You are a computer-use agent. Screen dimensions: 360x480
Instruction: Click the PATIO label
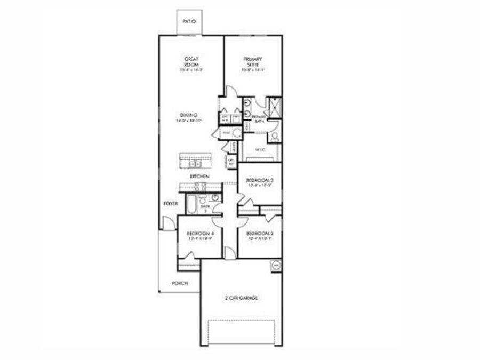click(189, 22)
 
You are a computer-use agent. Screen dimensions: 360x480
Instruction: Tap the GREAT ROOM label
click(191, 61)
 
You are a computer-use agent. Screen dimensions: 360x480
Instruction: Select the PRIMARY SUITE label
click(252, 61)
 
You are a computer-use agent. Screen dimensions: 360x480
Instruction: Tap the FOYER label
click(170, 203)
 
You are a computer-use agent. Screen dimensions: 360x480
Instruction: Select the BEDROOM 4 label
click(200, 234)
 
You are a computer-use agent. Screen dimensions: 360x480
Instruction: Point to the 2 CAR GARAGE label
click(241, 298)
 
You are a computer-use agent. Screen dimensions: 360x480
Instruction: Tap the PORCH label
click(180, 283)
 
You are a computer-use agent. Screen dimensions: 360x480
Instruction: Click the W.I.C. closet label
click(260, 150)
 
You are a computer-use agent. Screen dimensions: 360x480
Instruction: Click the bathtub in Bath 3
click(190, 204)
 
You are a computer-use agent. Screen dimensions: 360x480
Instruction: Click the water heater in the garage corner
click(276, 265)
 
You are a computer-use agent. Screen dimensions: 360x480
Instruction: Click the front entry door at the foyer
click(167, 223)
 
